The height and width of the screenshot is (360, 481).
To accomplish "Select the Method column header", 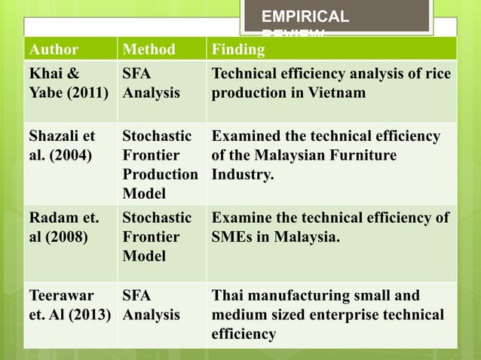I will coord(149,50).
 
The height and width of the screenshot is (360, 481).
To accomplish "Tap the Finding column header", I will coord(238,50).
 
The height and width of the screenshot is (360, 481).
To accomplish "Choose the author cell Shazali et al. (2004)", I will coord(62,146).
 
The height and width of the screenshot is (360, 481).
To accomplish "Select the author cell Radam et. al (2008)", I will coord(63,227).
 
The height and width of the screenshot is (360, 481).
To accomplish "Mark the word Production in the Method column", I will coord(160,175).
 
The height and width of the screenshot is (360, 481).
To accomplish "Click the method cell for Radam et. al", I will coord(157,237).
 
